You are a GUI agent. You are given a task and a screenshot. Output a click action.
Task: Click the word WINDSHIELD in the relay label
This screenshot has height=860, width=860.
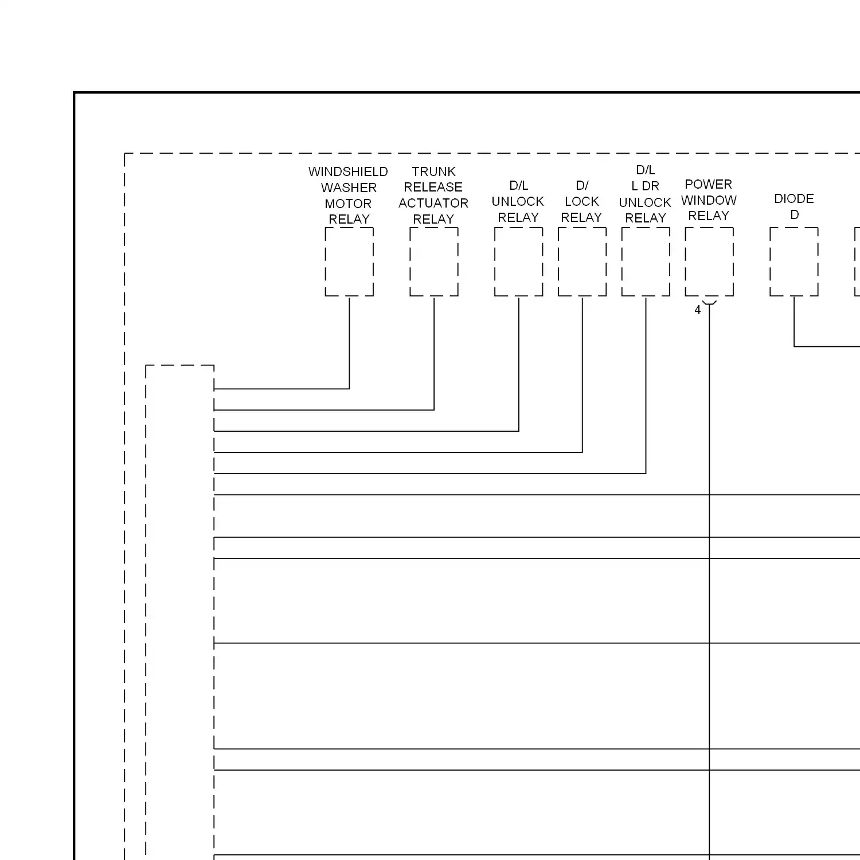pyautogui.click(x=348, y=171)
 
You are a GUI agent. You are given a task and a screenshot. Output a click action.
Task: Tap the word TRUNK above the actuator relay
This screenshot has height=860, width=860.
pyautogui.click(x=433, y=171)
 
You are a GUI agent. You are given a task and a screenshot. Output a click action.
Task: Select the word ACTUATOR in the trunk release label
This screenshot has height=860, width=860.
pyautogui.click(x=433, y=203)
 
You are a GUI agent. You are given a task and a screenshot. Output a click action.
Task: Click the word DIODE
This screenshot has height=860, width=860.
pyautogui.click(x=793, y=198)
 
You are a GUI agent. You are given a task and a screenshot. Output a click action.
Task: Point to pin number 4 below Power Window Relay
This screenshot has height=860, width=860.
pyautogui.click(x=698, y=310)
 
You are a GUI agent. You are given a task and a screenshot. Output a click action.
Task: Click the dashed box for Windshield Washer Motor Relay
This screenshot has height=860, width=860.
pyautogui.click(x=349, y=262)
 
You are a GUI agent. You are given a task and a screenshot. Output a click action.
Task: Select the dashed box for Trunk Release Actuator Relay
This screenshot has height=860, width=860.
pyautogui.click(x=434, y=262)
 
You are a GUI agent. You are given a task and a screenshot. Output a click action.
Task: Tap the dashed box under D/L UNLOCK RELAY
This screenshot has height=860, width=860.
pyautogui.click(x=519, y=262)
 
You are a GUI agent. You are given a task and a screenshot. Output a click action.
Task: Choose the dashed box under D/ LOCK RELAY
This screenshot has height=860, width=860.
pyautogui.click(x=582, y=262)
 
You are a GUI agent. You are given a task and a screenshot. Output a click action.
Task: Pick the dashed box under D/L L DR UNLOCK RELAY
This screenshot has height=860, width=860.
pyautogui.click(x=646, y=262)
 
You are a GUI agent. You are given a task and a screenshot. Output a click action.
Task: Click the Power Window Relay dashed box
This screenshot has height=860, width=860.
pyautogui.click(x=709, y=262)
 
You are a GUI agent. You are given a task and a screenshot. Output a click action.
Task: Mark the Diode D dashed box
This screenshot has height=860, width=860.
pyautogui.click(x=794, y=262)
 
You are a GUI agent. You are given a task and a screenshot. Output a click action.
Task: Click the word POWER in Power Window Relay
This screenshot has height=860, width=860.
pyautogui.click(x=709, y=184)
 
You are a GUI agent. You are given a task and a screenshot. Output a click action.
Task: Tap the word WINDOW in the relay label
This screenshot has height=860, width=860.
pyautogui.click(x=709, y=200)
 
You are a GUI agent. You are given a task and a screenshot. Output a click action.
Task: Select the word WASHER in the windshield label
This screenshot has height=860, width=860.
pyautogui.click(x=349, y=187)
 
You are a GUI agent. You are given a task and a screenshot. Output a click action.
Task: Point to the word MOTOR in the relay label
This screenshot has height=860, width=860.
pyautogui.click(x=348, y=204)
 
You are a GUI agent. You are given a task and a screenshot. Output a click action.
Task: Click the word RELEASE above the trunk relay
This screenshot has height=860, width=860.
pyautogui.click(x=433, y=187)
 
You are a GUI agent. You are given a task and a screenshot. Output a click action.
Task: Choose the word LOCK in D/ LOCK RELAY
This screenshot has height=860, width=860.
pyautogui.click(x=582, y=201)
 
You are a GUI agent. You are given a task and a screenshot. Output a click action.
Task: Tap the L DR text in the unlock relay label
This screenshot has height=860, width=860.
pyautogui.click(x=645, y=186)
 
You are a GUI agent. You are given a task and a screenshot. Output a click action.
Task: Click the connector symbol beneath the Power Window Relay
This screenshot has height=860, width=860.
pyautogui.click(x=710, y=302)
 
